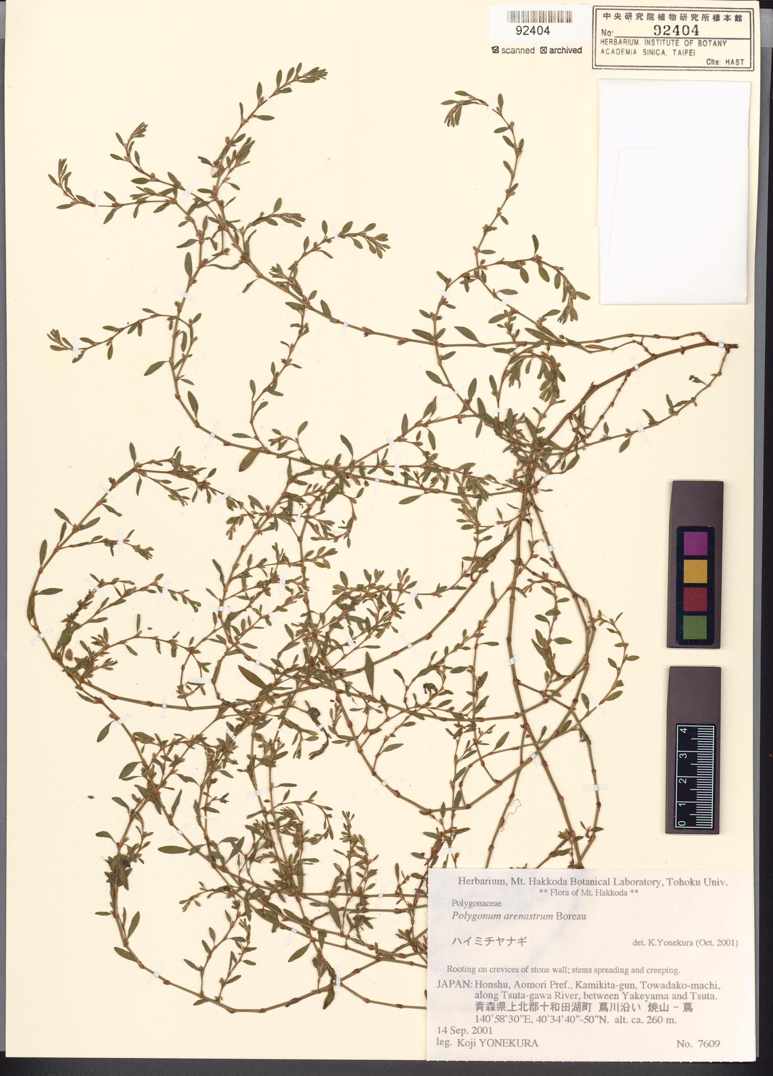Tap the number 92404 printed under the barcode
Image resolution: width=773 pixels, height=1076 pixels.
coord(532,31)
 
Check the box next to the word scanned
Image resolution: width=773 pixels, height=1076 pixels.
coord(494,50)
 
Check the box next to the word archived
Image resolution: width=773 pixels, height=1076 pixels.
coord(544,50)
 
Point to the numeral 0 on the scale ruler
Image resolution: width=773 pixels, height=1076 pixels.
coord(682,823)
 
